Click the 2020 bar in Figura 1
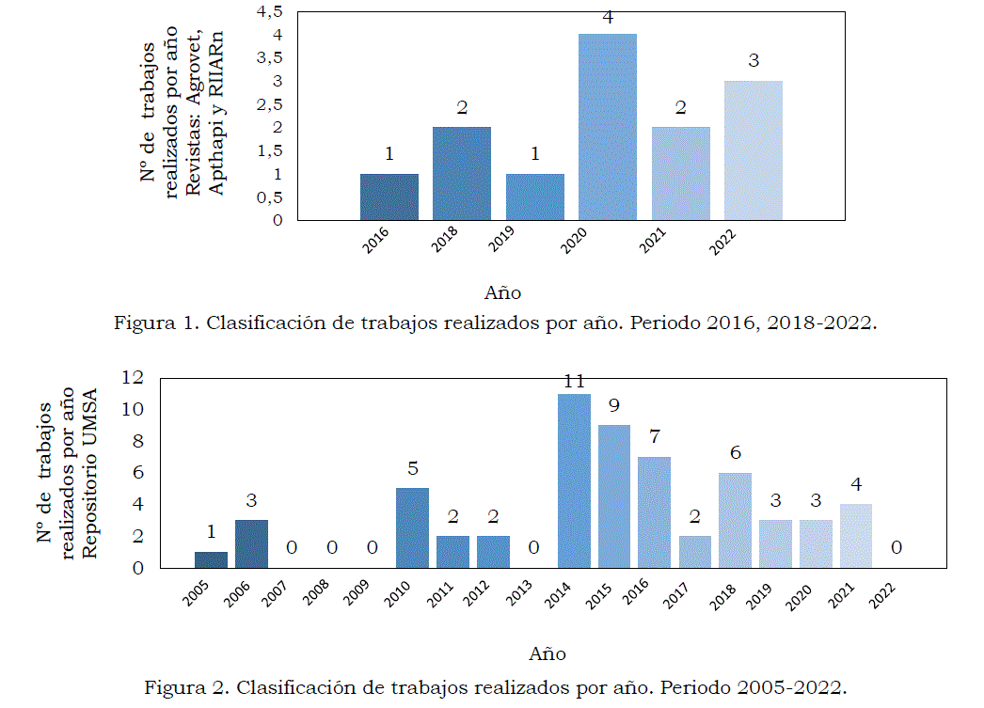click(607, 127)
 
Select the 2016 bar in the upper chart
click(389, 197)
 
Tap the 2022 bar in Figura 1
click(753, 150)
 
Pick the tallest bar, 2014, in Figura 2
click(574, 480)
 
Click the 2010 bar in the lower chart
click(412, 527)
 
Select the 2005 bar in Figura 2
click(211, 559)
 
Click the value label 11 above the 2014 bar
click(574, 382)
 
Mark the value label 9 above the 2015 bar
click(613, 407)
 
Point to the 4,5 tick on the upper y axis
click(269, 11)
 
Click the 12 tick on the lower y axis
click(132, 378)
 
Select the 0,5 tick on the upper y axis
click(269, 197)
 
